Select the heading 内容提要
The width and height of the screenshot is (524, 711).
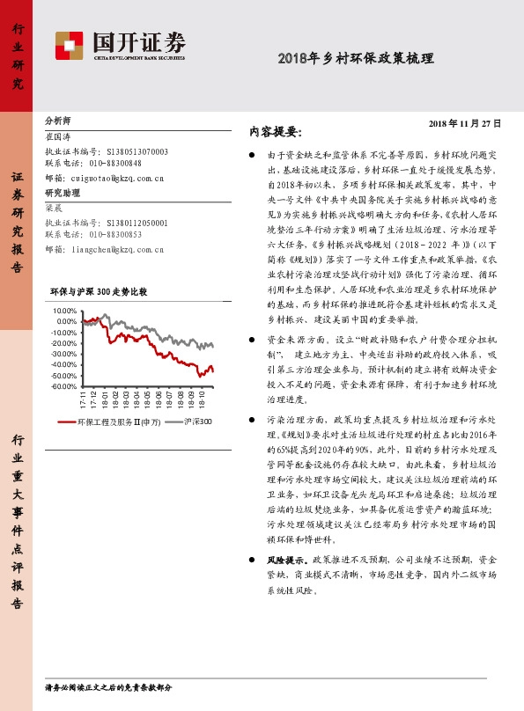coord(275,132)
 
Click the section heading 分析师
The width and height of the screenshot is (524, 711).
coord(57,119)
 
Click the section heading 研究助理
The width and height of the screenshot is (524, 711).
coord(62,192)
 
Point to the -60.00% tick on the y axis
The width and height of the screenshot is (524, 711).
coord(64,387)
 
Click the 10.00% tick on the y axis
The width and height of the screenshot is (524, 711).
coord(66,312)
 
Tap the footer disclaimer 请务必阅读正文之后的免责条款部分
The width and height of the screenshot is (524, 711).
coord(108,686)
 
